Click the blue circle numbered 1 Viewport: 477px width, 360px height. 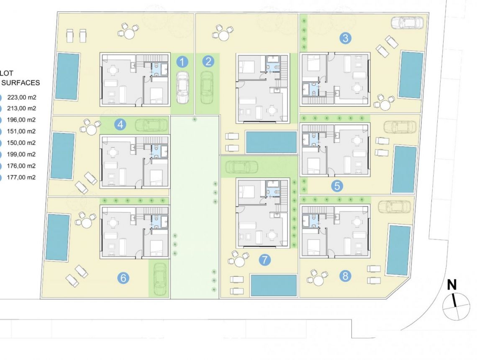(182, 62)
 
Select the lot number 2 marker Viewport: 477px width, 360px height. (208, 62)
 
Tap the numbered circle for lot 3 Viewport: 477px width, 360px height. (345, 39)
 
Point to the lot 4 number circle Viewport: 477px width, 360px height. (121, 124)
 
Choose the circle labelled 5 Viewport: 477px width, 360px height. (337, 185)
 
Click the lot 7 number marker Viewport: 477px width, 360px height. (264, 260)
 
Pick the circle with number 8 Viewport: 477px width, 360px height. (345, 276)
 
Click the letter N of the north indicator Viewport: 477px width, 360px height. (451, 285)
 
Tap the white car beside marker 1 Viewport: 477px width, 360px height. (182, 87)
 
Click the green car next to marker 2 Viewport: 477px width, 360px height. (207, 87)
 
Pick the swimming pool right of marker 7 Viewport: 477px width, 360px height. (274, 285)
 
